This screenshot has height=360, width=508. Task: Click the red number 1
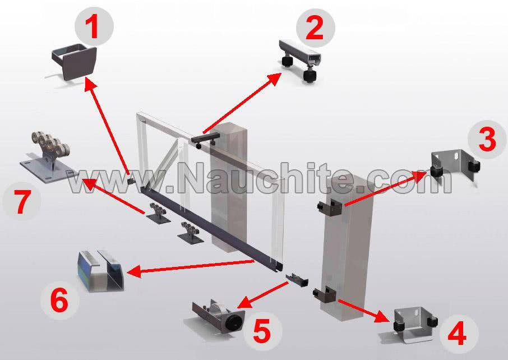pyautogui.click(x=94, y=27)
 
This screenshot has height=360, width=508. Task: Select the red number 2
pyautogui.click(x=315, y=28)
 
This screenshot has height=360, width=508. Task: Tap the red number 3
pyautogui.click(x=487, y=140)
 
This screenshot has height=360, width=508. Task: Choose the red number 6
pyautogui.click(x=59, y=301)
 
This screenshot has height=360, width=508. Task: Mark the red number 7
pyautogui.click(x=22, y=202)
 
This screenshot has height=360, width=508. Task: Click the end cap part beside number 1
pyautogui.click(x=75, y=61)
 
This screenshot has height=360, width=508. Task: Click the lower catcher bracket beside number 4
pyautogui.click(x=415, y=324)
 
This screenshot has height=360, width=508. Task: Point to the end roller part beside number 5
pyautogui.click(x=219, y=316)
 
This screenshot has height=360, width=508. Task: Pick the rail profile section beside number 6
pyautogui.click(x=100, y=271)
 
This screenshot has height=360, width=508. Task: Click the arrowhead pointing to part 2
pyautogui.click(x=274, y=79)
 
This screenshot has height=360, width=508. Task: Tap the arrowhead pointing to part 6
pyautogui.click(x=134, y=271)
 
